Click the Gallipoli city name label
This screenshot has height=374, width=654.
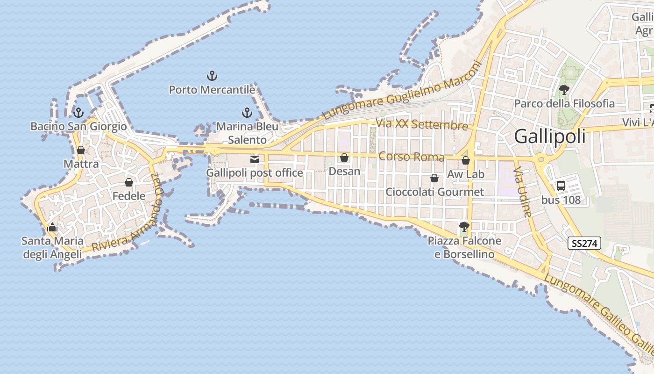tap(550, 137)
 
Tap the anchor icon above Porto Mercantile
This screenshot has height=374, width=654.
tap(212, 75)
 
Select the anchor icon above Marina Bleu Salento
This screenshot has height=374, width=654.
tap(247, 113)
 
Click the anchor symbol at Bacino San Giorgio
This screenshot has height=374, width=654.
tap(78, 112)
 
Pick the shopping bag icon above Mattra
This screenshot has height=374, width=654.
tap(81, 150)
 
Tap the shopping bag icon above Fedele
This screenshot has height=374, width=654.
tap(129, 182)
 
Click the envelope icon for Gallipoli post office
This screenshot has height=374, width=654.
tap(255, 159)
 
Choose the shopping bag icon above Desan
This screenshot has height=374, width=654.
tap(344, 158)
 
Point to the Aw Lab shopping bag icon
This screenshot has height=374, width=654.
tap(466, 161)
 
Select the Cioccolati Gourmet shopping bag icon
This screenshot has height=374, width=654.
tap(434, 178)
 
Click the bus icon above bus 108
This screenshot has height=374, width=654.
tap(561, 186)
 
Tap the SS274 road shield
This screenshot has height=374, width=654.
tap(584, 243)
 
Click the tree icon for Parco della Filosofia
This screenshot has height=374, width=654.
tap(564, 89)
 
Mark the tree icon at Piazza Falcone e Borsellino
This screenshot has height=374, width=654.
tap(464, 227)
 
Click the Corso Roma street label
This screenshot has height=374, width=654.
tap(412, 157)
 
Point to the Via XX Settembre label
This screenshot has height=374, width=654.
tap(422, 124)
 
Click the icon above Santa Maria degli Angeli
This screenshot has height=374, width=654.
tap(52, 228)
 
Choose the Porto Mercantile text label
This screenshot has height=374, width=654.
tap(212, 89)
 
